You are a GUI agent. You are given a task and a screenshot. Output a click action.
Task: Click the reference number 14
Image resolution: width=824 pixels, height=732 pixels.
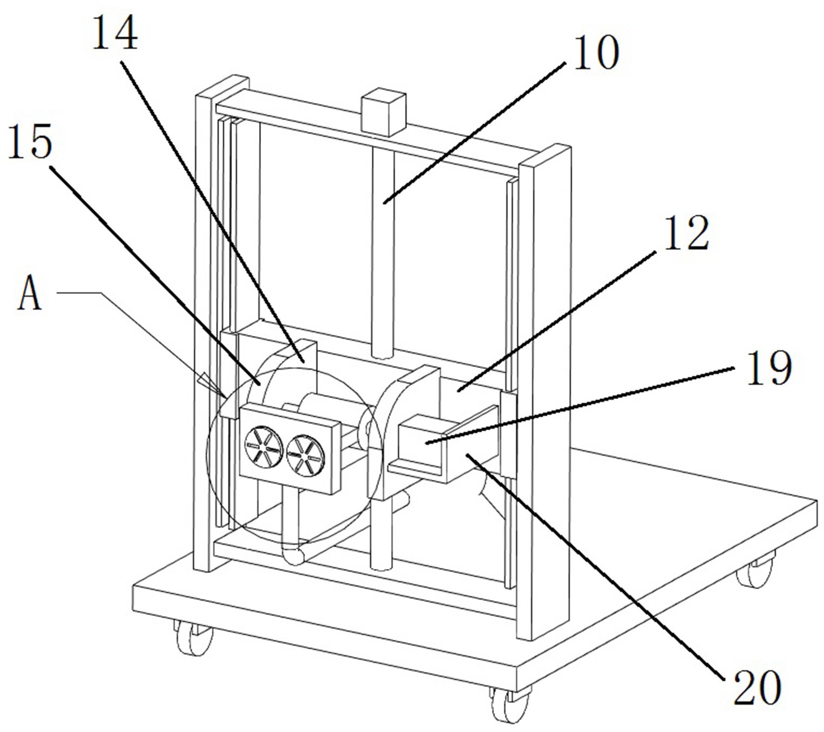(x=115, y=33)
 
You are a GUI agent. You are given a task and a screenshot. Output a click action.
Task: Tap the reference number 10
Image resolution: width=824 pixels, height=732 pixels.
(x=595, y=53)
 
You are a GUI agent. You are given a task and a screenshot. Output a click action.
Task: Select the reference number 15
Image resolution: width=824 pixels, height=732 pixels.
(x=30, y=143)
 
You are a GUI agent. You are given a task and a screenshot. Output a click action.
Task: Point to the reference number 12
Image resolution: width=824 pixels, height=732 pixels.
(x=686, y=233)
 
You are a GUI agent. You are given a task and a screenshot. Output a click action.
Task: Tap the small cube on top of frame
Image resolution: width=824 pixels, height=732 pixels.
(x=383, y=112)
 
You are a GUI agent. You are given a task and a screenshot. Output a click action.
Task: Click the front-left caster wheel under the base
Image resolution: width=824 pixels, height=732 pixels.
(x=194, y=637)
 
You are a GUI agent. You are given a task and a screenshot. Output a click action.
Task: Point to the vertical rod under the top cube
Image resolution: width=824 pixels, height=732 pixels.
(x=383, y=251)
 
